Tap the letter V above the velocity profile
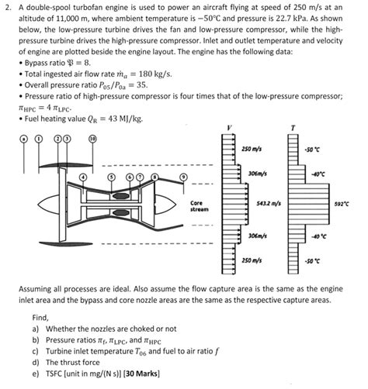[229, 126]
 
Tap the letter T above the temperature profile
[293, 126]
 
